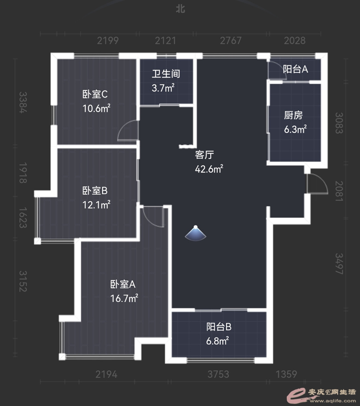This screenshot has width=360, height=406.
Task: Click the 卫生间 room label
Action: [x=166, y=74]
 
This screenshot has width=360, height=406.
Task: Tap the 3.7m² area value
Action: [x=163, y=88]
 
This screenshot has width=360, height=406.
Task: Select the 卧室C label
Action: [x=95, y=94]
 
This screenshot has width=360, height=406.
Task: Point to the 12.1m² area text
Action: [x=96, y=205]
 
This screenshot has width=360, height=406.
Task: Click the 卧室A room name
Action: [x=123, y=284]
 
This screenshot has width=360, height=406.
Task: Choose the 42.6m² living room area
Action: [x=209, y=169]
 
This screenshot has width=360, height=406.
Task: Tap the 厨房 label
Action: [x=293, y=115]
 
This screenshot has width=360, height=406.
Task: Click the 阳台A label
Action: [x=295, y=69]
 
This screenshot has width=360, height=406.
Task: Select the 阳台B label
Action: [x=219, y=327]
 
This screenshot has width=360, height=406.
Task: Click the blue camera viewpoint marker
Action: [x=196, y=234]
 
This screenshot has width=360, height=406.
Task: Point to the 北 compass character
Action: [x=180, y=9]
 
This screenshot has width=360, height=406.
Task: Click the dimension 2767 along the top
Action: [x=230, y=41]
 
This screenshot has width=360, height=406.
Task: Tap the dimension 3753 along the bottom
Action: [x=218, y=374]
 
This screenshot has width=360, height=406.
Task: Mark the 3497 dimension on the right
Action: [x=339, y=264]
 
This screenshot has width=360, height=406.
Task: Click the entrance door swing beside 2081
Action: [x=317, y=184]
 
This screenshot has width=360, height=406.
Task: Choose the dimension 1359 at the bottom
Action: [x=286, y=374]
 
